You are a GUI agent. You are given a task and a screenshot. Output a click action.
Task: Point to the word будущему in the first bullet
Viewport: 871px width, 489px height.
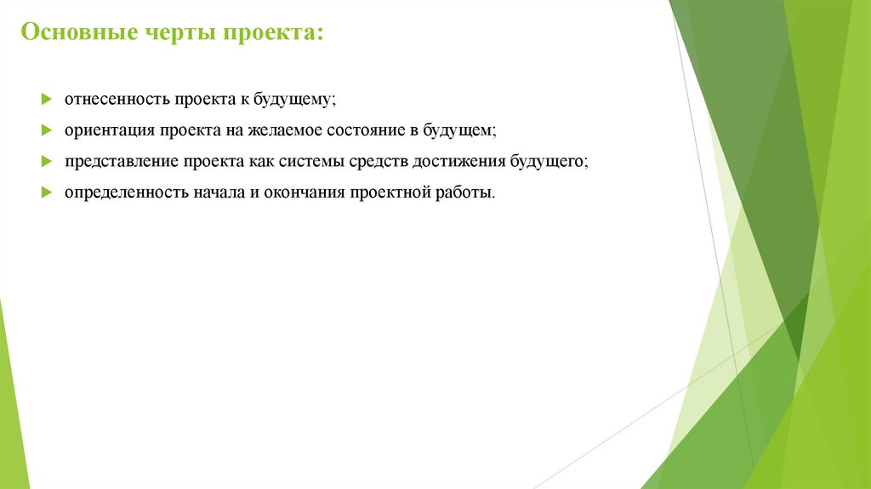293,100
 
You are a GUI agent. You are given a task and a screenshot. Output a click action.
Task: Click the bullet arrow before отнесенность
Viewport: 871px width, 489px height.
47,100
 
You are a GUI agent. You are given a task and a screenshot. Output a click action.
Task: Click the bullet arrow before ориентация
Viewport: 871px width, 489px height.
47,130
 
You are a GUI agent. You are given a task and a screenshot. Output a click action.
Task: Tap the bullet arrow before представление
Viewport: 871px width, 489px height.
47,161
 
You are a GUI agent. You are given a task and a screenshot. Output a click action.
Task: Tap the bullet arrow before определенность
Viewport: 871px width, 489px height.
47,192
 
